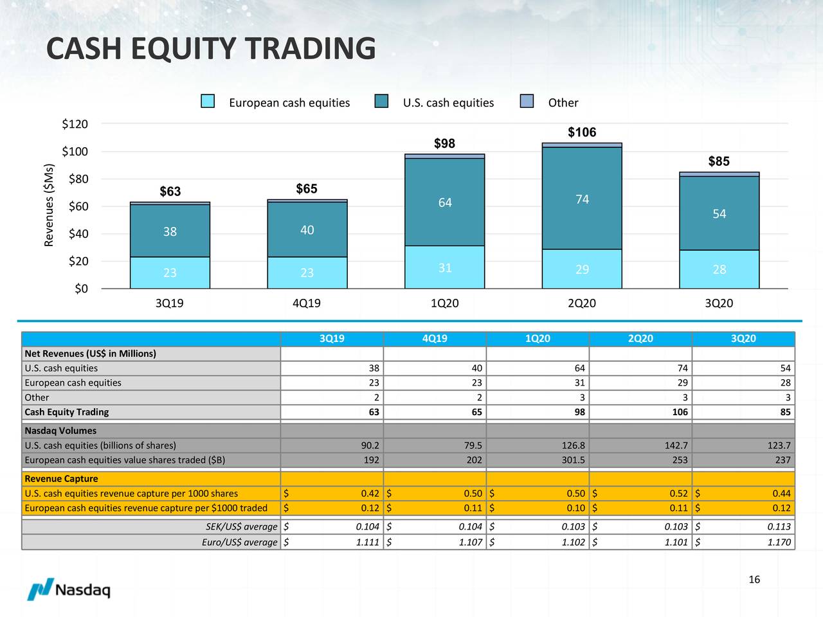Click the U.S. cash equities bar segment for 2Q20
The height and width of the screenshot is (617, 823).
point(582,199)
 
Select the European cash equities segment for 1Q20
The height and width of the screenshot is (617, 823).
point(444,267)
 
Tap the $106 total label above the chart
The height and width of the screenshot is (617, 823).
point(582,132)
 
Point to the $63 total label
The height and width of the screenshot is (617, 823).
point(170,192)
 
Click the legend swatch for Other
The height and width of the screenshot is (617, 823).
point(527,102)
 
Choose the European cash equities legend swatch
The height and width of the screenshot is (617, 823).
point(208,102)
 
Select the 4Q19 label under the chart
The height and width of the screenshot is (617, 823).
point(306,303)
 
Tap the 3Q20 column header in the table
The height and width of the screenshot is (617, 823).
point(743,339)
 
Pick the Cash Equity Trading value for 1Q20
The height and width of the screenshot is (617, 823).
point(579,412)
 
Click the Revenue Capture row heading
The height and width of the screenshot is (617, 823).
point(62,479)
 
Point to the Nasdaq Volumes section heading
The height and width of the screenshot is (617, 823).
point(60,431)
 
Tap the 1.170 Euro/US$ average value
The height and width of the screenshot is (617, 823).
point(779,542)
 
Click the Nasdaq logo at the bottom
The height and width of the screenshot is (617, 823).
point(69,589)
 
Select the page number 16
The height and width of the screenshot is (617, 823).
point(754,580)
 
